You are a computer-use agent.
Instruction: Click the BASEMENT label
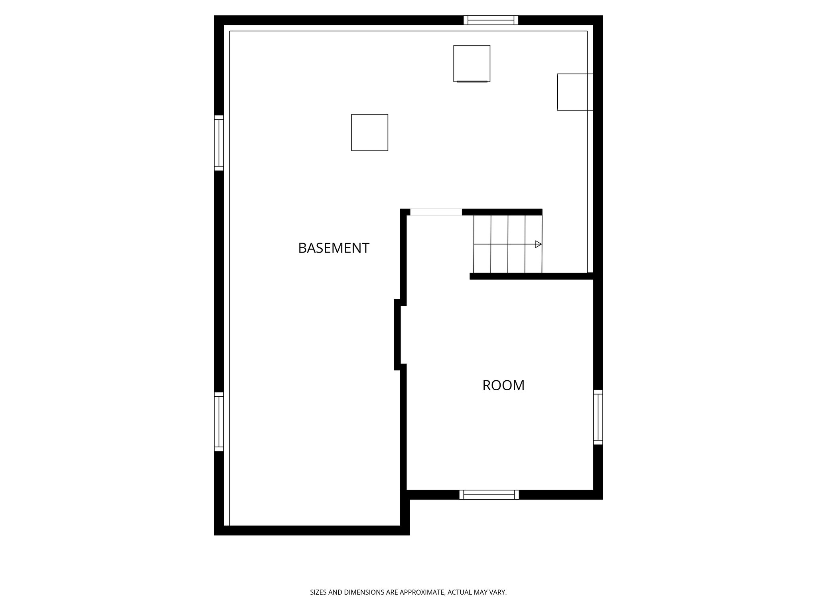coord(334,248)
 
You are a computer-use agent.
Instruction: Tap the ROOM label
coord(503,385)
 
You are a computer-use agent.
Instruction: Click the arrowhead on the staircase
coord(538,244)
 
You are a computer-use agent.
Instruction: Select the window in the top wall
coord(491,20)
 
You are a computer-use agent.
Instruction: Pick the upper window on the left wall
coord(219,143)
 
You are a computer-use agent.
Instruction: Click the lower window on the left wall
coord(219,421)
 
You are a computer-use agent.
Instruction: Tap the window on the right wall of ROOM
coord(598,417)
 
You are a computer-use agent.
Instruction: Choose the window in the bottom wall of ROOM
coord(489,494)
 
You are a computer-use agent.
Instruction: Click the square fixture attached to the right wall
coord(575,92)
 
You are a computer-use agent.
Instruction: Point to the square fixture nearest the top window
coord(472,63)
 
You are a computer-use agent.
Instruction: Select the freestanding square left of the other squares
coord(369,132)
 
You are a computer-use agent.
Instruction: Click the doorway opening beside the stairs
coord(436,212)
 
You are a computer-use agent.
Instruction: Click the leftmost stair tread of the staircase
coord(482,244)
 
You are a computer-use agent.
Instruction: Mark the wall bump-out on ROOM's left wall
coord(397,334)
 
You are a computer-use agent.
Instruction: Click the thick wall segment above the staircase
coord(502,212)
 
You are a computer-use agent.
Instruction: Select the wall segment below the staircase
coord(531,276)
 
